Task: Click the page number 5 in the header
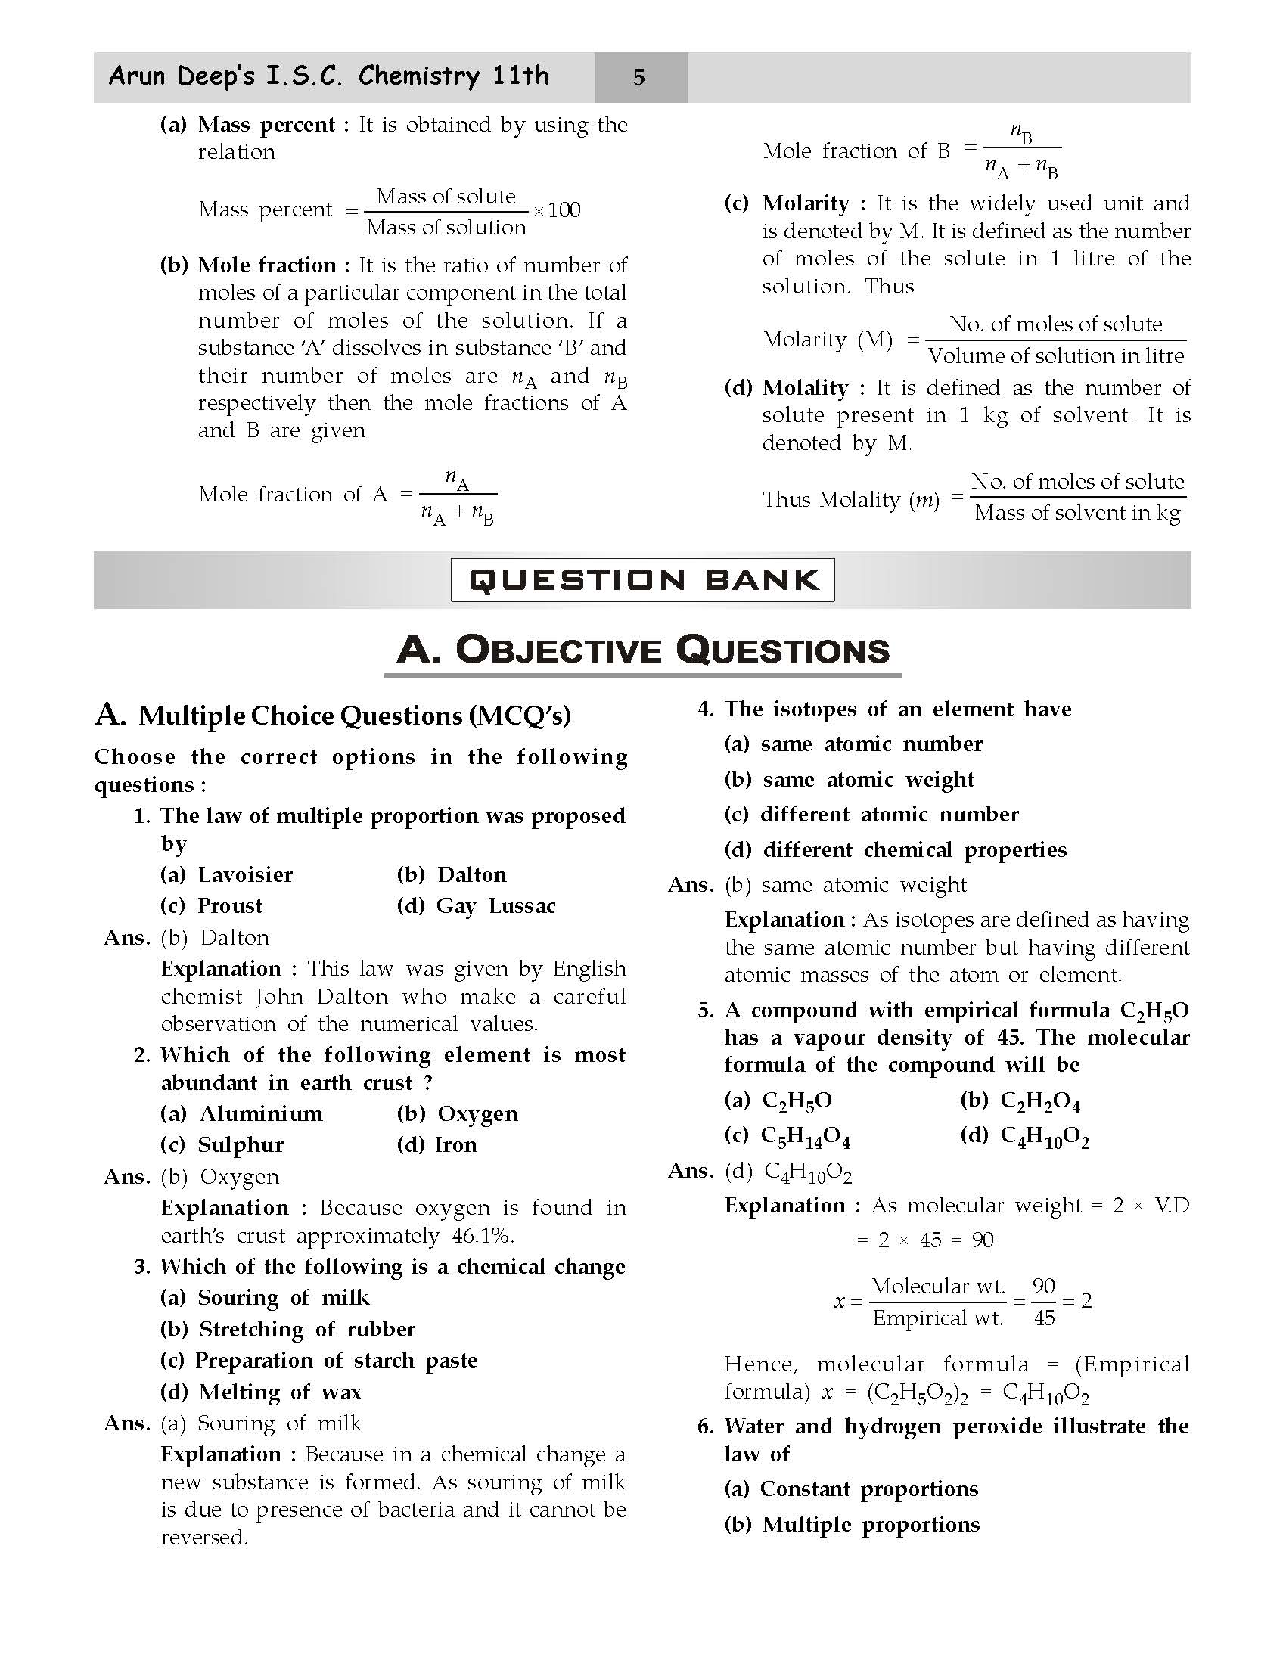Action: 639,77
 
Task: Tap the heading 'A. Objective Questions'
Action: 642,650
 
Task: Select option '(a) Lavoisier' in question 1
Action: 226,874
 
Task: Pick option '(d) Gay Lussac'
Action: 476,905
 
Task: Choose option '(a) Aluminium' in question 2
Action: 241,1113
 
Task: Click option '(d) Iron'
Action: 437,1144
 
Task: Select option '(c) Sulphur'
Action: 222,1144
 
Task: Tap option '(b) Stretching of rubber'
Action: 288,1329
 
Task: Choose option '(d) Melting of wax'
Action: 260,1391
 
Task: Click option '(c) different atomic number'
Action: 871,814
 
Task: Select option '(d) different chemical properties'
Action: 895,849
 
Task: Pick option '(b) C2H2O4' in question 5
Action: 1020,1101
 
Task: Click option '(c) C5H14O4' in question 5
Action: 787,1136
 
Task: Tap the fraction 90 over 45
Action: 1044,1302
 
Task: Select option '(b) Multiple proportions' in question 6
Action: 852,1524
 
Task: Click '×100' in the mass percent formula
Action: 557,210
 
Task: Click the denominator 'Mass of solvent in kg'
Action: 1077,513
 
